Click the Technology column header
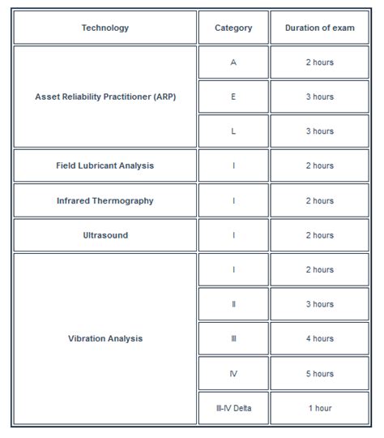[x=105, y=28]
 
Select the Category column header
[x=233, y=28]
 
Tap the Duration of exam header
[x=319, y=28]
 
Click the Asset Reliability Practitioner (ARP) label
[x=105, y=97]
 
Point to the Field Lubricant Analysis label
[x=105, y=165]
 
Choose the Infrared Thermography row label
[x=105, y=200]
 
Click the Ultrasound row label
[x=105, y=235]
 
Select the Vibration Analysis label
[x=105, y=338]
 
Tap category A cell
[x=233, y=62]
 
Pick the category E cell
[x=233, y=97]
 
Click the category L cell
[x=233, y=131]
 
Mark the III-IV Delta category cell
[x=233, y=408]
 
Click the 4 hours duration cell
[x=319, y=338]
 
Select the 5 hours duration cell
[x=319, y=374]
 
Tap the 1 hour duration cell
[x=319, y=408]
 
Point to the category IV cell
[x=233, y=374]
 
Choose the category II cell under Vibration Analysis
[x=233, y=304]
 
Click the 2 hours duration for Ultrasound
[x=319, y=235]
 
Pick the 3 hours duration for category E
[x=319, y=97]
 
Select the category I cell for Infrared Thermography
[x=233, y=200]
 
